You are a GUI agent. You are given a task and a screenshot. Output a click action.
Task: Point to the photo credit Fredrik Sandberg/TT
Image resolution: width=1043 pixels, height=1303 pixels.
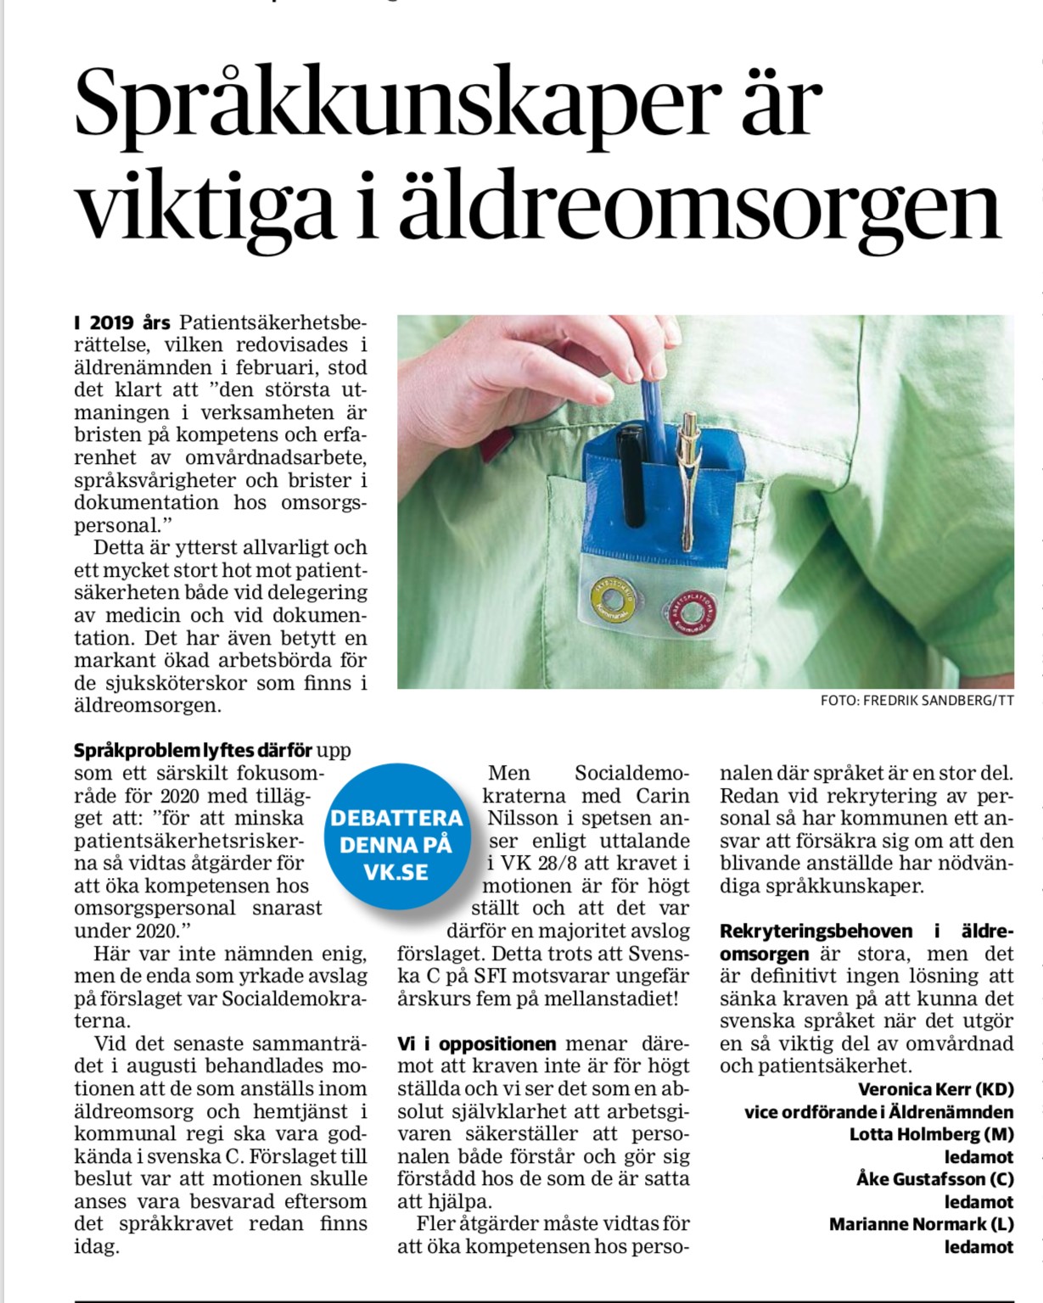click(x=917, y=701)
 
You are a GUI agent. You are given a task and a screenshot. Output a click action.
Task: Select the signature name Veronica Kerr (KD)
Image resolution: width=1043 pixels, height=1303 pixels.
click(x=935, y=1089)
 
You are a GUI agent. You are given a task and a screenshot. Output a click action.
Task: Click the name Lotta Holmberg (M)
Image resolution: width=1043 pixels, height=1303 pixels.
click(x=931, y=1134)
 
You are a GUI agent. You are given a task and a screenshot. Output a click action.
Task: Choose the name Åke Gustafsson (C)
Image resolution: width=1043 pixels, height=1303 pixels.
click(x=934, y=1179)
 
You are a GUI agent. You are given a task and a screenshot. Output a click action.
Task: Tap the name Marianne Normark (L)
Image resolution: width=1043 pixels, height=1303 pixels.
click(x=921, y=1224)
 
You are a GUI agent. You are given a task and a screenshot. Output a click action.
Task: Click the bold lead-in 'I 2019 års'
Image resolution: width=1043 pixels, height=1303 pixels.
click(x=123, y=323)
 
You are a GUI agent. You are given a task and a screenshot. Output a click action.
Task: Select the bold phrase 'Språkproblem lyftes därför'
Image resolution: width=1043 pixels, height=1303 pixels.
click(x=194, y=751)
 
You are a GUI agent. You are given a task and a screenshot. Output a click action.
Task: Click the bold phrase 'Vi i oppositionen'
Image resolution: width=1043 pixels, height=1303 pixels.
click(x=477, y=1044)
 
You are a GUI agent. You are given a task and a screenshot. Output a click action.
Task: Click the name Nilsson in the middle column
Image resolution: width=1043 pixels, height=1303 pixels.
click(x=521, y=819)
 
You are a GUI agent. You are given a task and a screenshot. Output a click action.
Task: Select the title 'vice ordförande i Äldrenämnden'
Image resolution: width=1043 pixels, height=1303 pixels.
click(x=878, y=1112)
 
